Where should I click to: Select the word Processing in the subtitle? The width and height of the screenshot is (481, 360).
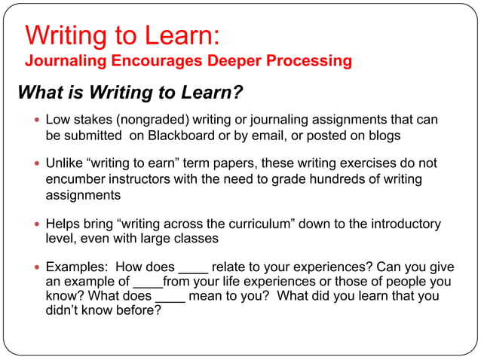306,60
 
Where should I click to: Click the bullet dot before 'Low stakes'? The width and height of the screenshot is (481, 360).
35,121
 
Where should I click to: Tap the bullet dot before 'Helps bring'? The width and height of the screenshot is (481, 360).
35,224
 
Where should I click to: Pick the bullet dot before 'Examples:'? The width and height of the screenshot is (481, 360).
35,267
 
